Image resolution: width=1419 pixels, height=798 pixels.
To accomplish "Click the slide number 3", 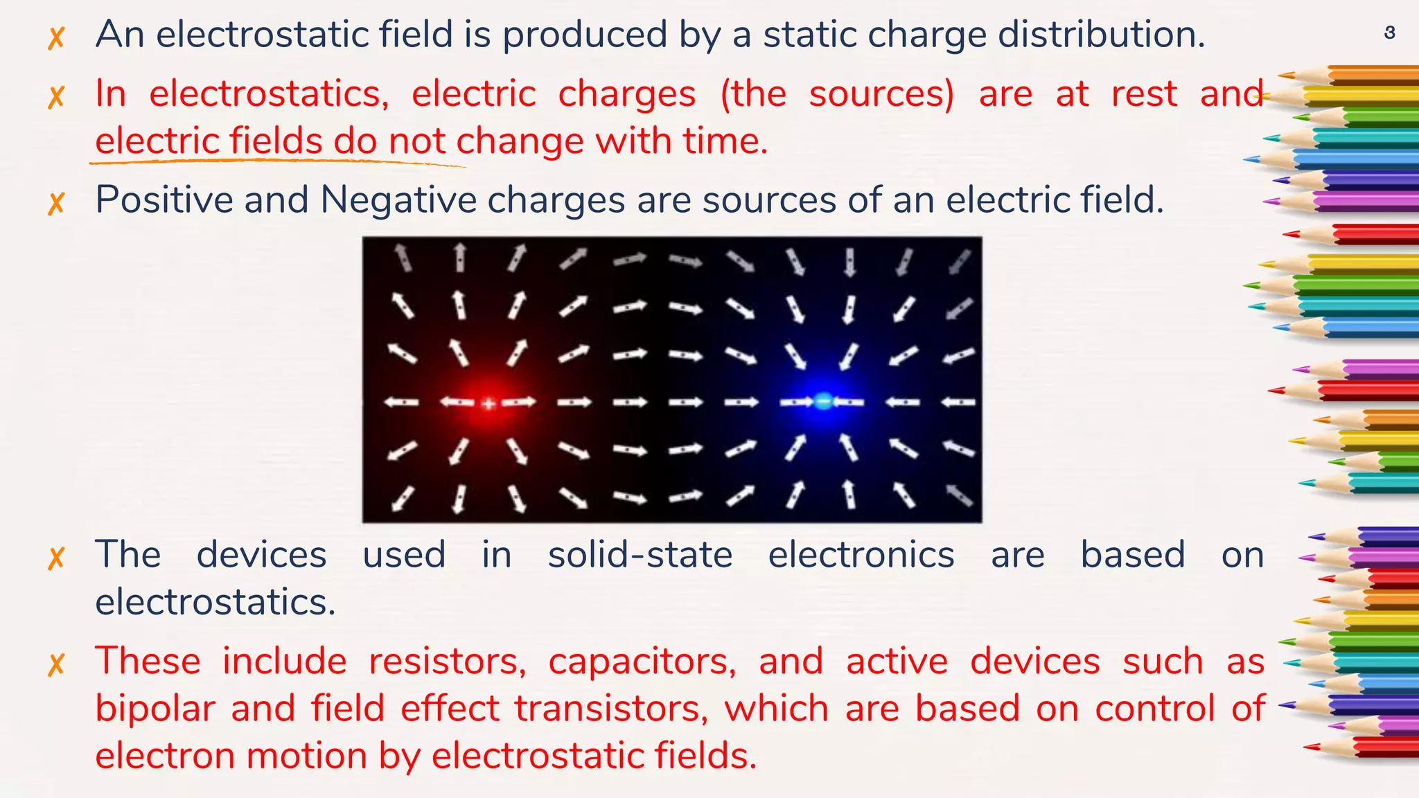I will tap(1389, 32).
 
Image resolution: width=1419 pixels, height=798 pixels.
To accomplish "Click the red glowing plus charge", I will tap(488, 402).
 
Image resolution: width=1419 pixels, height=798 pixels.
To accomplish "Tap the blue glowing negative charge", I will tap(823, 401).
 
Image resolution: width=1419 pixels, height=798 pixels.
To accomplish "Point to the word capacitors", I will tap(642, 661).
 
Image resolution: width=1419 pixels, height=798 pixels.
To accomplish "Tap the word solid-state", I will tap(640, 555).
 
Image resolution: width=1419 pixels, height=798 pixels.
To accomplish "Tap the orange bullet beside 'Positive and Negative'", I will tap(56, 203).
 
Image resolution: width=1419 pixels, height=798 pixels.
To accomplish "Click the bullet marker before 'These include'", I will tap(56, 664).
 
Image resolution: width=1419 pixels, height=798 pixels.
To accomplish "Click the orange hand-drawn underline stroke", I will tap(277, 161).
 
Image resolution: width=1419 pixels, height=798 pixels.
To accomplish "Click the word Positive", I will tap(164, 200).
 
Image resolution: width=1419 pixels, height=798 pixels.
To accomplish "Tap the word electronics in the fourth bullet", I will tap(861, 555).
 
